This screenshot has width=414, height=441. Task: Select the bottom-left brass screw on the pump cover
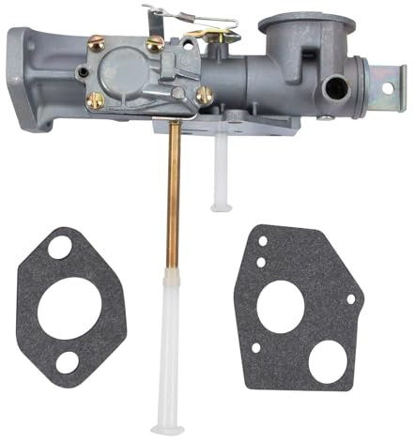coord(94,99)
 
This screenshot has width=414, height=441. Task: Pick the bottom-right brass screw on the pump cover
coord(204,94)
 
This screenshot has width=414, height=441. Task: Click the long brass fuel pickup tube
coord(173,202)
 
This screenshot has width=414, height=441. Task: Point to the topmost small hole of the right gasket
coord(263,239)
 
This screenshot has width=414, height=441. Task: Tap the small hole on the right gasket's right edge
coord(349,300)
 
